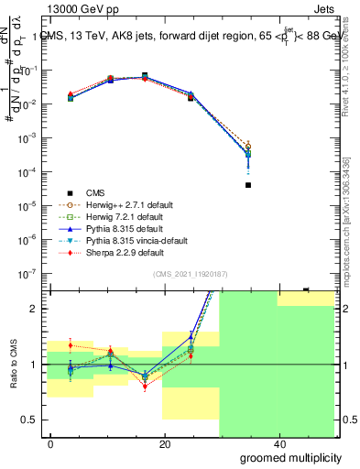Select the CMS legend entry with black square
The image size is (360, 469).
[96, 192]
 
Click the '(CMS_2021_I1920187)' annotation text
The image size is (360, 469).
[190, 273]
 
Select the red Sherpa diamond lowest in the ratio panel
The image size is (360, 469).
[144, 387]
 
